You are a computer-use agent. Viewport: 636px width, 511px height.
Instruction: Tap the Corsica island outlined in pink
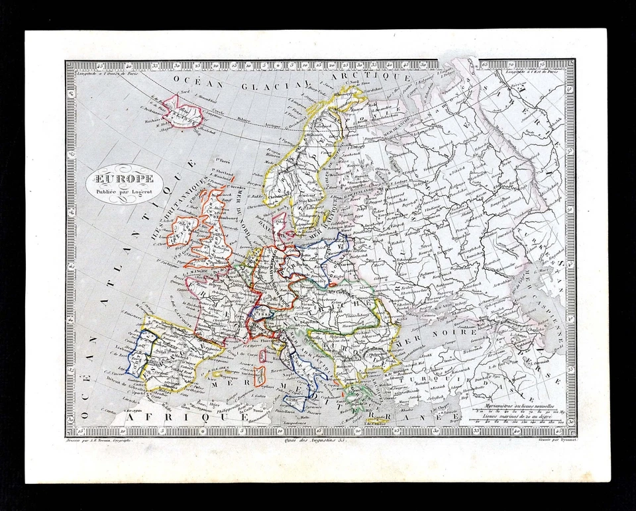pyautogui.click(x=263, y=355)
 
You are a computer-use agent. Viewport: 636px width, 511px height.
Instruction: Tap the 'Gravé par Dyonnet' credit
pyautogui.click(x=553, y=439)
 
